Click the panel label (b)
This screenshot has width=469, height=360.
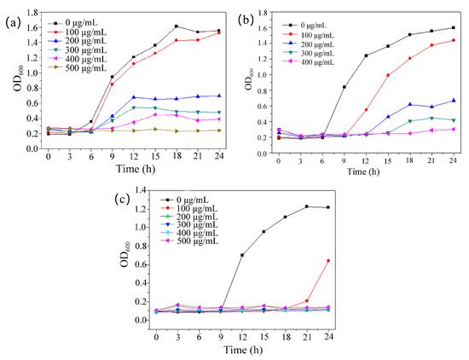point(248,18)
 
